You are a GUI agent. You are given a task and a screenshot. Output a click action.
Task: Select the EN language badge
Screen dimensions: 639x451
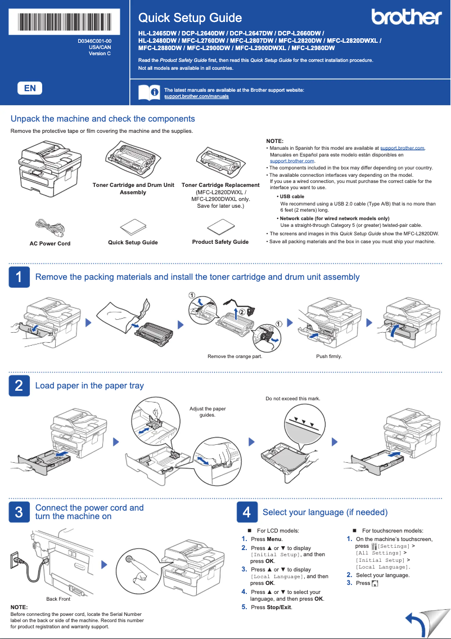pos(30,88)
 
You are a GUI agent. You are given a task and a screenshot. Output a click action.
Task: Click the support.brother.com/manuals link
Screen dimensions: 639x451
pos(196,97)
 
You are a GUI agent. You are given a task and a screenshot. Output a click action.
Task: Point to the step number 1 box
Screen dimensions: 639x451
pos(19,277)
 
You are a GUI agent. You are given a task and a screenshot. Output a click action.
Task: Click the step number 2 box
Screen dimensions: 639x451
pos(19,386)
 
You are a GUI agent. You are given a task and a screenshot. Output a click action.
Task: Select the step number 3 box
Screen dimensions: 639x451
pos(19,512)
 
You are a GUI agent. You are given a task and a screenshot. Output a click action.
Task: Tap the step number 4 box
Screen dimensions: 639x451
pos(246,512)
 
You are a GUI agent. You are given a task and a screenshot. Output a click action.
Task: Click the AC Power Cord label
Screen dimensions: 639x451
pos(50,244)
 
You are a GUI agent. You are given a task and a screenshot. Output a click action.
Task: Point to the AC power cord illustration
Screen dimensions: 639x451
pos(49,227)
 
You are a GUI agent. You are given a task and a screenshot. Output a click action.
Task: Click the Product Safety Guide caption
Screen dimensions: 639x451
pos(220,242)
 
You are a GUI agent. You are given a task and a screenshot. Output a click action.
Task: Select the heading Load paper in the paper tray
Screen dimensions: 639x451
pos(89,386)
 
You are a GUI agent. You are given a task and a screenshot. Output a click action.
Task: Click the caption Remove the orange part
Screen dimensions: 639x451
pos(234,356)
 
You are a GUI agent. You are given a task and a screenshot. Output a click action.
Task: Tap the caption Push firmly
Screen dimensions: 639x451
pos(329,356)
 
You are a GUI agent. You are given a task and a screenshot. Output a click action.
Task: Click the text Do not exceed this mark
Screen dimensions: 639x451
pos(292,399)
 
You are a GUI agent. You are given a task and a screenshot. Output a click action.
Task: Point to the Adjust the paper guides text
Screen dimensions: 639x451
pos(208,412)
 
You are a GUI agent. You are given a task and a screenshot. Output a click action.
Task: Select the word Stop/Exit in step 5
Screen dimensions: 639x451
pos(279,607)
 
